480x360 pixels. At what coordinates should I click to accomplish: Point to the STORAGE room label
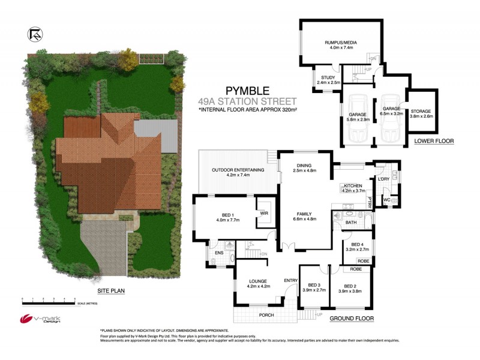point(421,112)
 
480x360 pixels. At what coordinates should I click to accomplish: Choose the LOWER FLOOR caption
point(434,142)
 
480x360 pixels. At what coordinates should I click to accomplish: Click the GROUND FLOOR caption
point(352,318)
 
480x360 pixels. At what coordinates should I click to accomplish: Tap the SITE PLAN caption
point(110,290)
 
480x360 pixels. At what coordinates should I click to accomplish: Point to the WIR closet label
point(263,212)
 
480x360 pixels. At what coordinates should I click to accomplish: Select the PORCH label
point(266,315)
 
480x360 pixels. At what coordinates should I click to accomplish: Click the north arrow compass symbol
point(35,35)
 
